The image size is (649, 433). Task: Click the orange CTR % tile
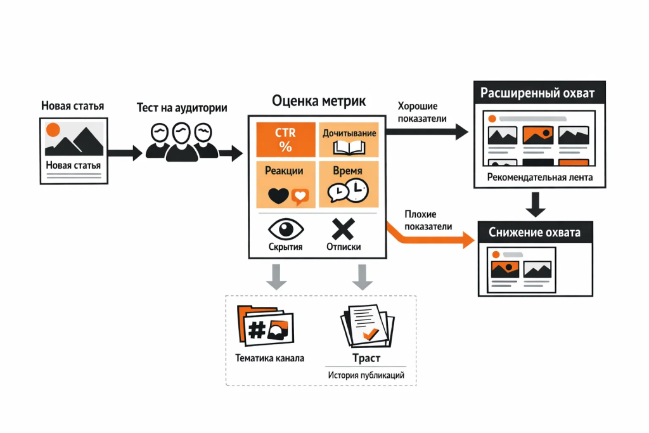285,139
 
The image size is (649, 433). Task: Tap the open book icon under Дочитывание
349,148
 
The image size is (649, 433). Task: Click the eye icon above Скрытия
286,228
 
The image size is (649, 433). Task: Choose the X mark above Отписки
344,228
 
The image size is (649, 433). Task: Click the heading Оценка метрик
318,101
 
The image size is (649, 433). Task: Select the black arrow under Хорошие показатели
427,131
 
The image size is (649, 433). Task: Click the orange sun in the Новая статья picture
53,129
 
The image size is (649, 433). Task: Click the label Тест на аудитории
182,107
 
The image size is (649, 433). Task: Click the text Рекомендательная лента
540,177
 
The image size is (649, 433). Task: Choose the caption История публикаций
366,375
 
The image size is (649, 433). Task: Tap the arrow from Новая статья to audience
125,152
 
